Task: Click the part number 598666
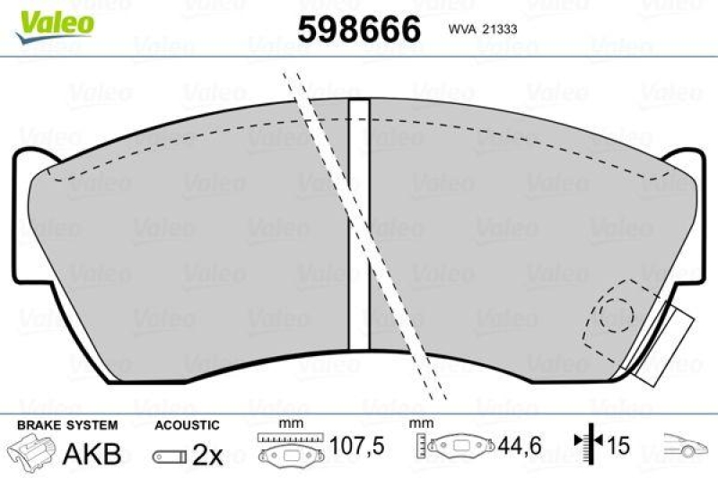[x=358, y=29]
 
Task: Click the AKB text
[x=92, y=455]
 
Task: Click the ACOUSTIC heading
[x=187, y=423]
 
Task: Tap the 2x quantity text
[x=208, y=456]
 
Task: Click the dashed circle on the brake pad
[x=617, y=313]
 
